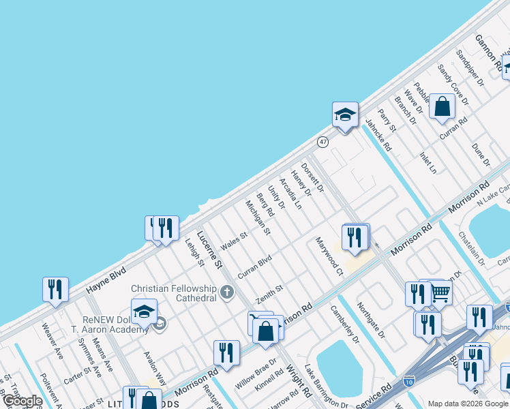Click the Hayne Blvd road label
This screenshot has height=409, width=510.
point(108,280)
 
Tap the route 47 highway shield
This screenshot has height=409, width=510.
point(322,142)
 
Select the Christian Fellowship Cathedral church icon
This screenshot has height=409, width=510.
point(226,294)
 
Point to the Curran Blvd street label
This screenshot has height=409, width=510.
point(254,267)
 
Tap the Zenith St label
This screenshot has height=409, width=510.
point(269,295)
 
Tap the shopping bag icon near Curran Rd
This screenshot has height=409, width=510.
point(442,106)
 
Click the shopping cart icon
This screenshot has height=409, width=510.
point(440,293)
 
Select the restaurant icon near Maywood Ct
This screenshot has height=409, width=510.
point(355,237)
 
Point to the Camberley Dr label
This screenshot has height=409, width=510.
point(344,323)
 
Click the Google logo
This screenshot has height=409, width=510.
point(22,402)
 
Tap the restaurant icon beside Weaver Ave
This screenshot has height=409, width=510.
point(55,290)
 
